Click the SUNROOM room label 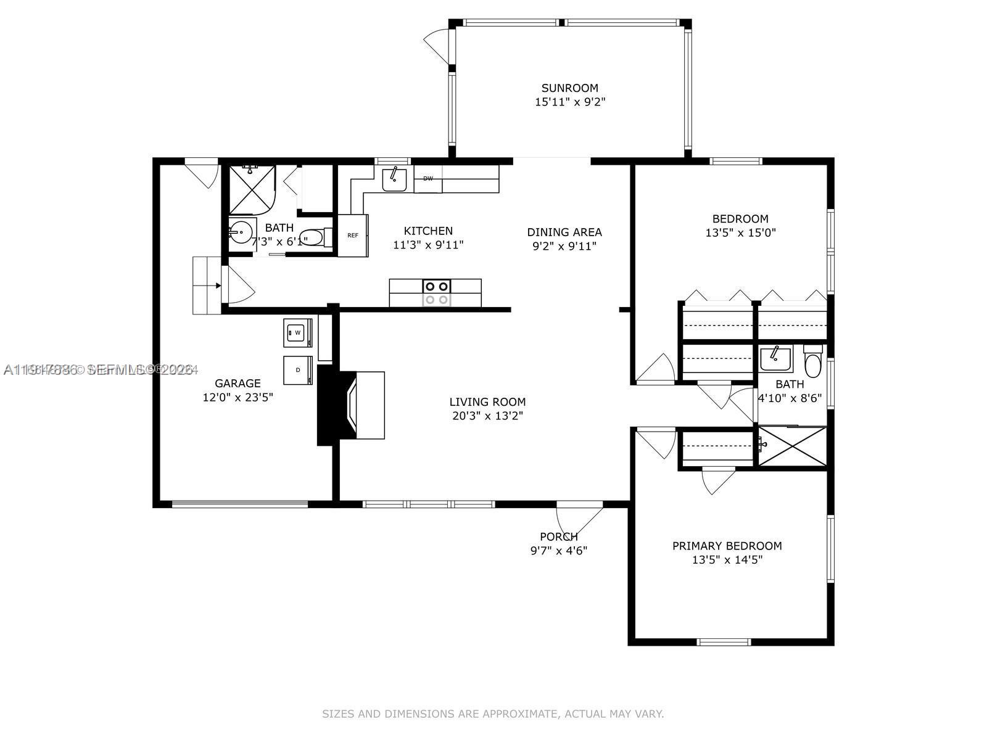tap(569, 88)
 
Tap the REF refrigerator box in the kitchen tap(353, 236)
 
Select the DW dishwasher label tap(427, 179)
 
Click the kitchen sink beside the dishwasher tap(394, 179)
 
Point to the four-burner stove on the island tap(436, 292)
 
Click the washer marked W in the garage tap(297, 333)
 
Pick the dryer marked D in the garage tap(297, 370)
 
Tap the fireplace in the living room tap(352, 405)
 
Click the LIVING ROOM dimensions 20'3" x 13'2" tap(487, 416)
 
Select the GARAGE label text tap(237, 384)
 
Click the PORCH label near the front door tap(558, 536)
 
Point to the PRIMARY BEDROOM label tap(727, 546)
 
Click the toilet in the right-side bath tap(813, 364)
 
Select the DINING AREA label tap(564, 232)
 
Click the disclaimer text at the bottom tap(493, 714)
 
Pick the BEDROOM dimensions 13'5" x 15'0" tap(740, 233)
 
